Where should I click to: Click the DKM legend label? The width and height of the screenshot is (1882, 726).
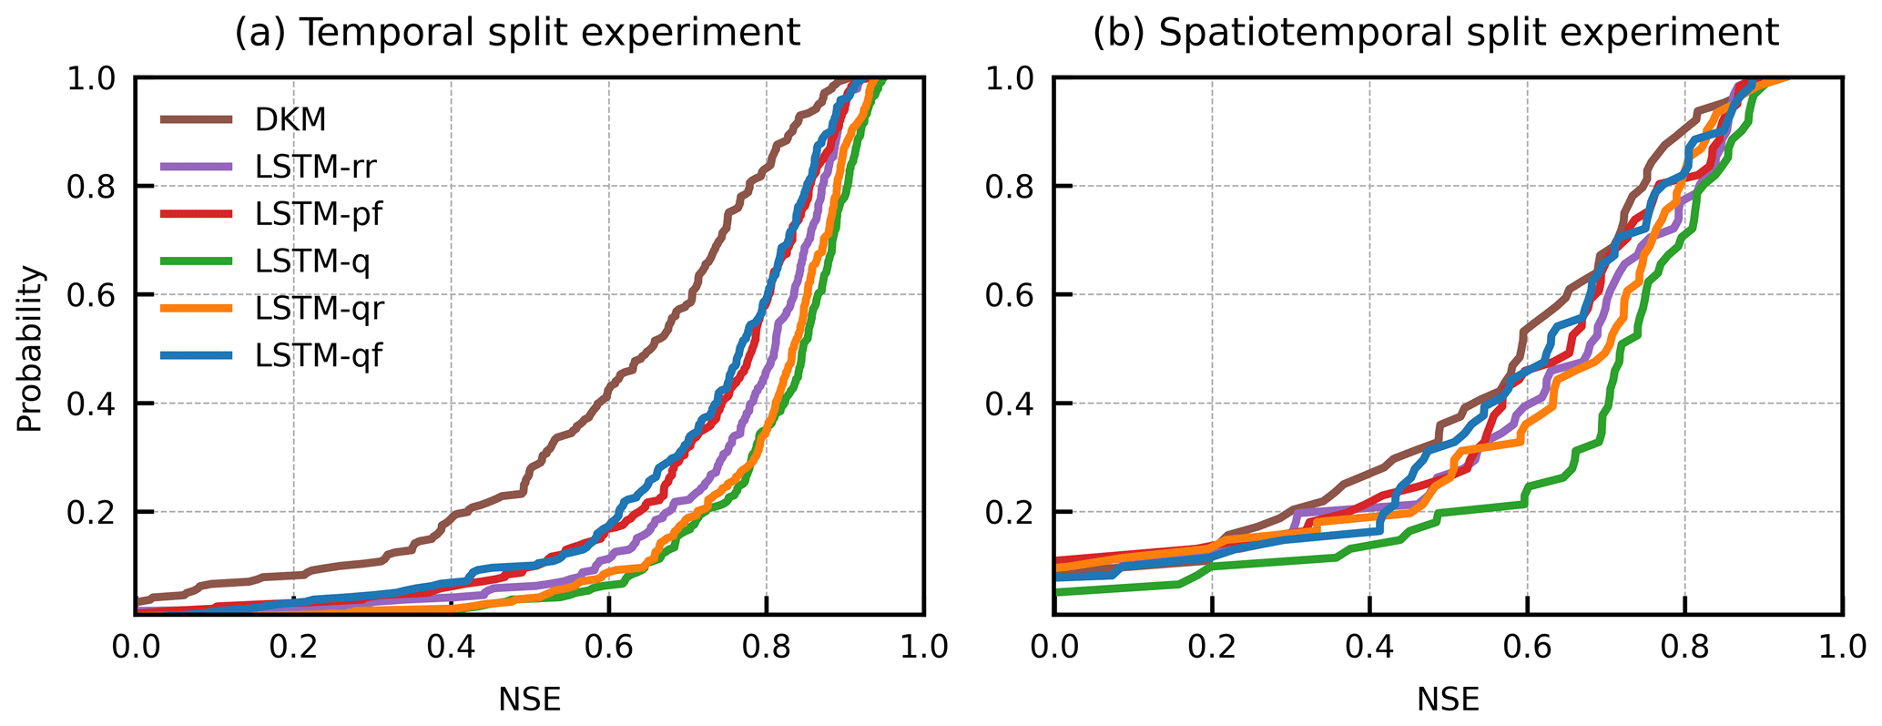click(290, 119)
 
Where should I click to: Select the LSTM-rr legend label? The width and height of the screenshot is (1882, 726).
click(315, 167)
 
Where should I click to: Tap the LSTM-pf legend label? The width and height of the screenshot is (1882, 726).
click(317, 214)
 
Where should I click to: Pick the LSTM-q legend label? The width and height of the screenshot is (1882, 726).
click(311, 261)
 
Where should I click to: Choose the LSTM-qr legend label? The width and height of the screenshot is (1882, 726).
click(319, 309)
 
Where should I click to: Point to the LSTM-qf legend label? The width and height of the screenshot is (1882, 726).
click(318, 356)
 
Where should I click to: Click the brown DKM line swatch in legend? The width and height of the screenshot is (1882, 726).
click(197, 119)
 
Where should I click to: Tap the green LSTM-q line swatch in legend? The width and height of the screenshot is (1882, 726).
click(197, 261)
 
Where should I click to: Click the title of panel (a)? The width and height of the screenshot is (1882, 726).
click(517, 34)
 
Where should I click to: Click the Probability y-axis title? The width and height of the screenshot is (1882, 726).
click(30, 348)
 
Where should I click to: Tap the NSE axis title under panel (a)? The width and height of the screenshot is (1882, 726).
click(529, 699)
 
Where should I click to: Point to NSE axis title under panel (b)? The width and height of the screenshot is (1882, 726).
click(1448, 699)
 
